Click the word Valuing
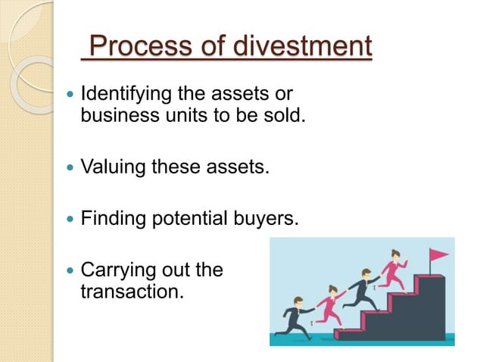click(113, 166)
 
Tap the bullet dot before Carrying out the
click(70, 270)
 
